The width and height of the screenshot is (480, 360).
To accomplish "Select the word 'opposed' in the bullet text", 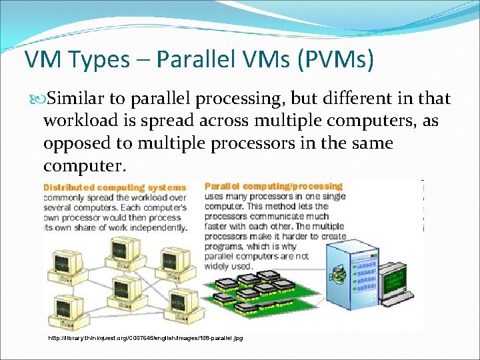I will point(73,143).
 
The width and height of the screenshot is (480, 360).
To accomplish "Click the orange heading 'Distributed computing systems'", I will point(115,187).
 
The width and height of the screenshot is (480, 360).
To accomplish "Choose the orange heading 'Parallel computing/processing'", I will point(273,187).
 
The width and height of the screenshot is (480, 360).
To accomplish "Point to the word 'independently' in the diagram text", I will point(156,227).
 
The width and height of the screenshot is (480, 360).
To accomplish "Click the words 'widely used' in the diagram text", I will point(229,266).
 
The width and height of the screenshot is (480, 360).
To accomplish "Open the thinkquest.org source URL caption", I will point(146,338).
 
